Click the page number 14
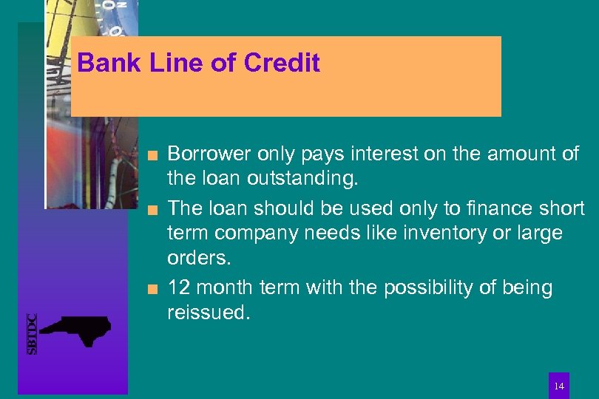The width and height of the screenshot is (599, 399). (x=558, y=386)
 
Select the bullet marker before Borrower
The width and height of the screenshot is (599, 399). (x=152, y=154)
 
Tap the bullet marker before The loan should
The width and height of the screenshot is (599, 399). (x=152, y=209)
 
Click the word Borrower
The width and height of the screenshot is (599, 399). (x=209, y=154)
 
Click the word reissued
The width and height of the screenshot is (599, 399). (x=209, y=313)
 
